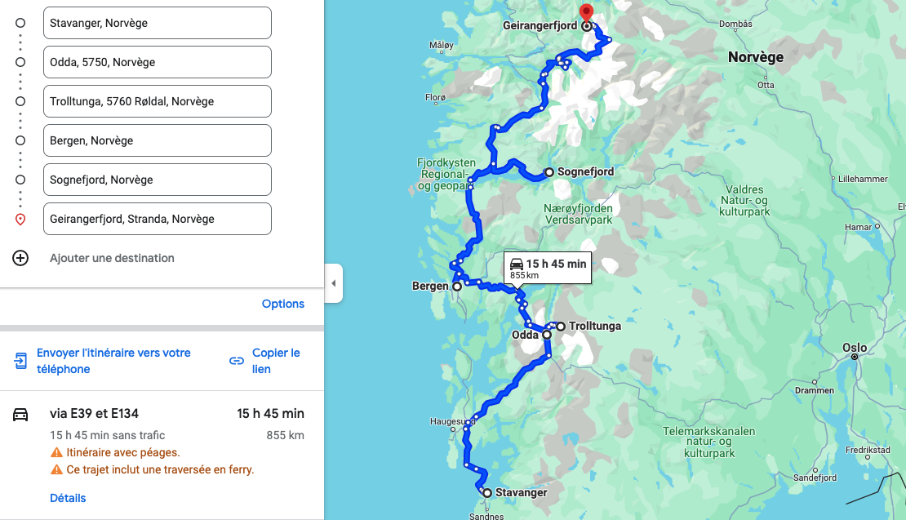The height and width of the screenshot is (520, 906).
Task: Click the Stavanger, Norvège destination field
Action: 157,23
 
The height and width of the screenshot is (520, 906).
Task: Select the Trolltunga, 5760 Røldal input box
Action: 157,101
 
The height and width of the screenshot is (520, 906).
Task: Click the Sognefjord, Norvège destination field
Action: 157,180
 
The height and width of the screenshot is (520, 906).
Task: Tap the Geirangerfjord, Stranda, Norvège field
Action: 157,219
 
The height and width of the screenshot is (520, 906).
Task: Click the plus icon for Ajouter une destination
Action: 20,258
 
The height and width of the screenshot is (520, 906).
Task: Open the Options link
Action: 282,304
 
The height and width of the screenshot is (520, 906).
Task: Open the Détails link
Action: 68,498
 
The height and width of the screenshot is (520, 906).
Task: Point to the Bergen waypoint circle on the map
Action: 457,287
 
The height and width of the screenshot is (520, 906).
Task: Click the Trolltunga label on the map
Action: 594,327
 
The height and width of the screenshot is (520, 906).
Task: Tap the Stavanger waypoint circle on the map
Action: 486,493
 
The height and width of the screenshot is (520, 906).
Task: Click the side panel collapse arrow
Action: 333,283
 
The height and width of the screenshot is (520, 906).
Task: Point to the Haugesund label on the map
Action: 452,421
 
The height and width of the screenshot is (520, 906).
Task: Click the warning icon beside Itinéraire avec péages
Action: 56,452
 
